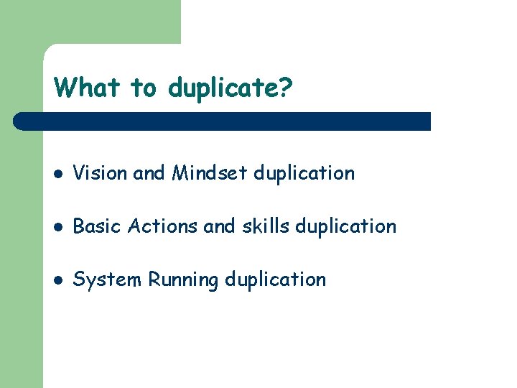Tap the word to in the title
143,88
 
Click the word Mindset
210,173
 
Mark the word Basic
98,226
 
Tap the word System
108,280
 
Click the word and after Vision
149,173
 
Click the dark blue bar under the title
223,121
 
